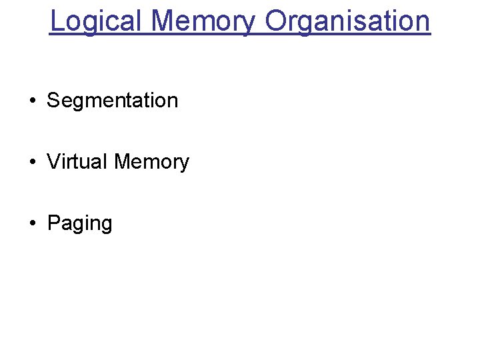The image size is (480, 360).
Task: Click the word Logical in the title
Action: tap(97, 21)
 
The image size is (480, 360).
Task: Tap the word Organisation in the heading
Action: tap(347, 21)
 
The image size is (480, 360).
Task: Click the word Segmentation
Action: tap(113, 101)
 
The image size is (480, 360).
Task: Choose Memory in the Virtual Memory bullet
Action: tap(152, 162)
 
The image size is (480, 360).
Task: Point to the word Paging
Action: tap(80, 223)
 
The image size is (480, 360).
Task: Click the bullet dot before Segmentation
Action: tap(32, 101)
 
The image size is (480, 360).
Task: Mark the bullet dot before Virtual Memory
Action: tap(32, 163)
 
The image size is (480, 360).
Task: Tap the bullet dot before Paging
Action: tap(32, 224)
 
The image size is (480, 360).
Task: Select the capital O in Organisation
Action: tap(275, 21)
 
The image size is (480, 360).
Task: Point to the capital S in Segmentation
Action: tap(53, 101)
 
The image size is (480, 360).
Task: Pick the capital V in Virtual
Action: tap(53, 162)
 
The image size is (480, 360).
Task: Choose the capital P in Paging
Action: tap(53, 223)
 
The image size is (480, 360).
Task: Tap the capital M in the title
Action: tap(163, 21)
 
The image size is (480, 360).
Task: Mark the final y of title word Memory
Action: tap(248, 24)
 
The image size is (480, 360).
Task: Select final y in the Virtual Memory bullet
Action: tap(185, 165)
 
